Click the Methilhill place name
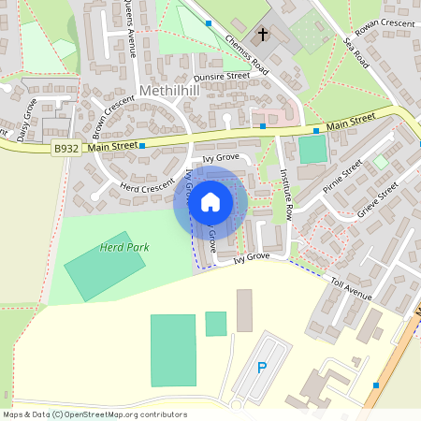tap(168, 91)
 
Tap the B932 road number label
tap(65, 148)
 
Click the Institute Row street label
tap(287, 194)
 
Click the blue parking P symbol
tap(261, 368)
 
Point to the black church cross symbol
tap(263, 36)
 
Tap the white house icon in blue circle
tap(210, 200)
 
